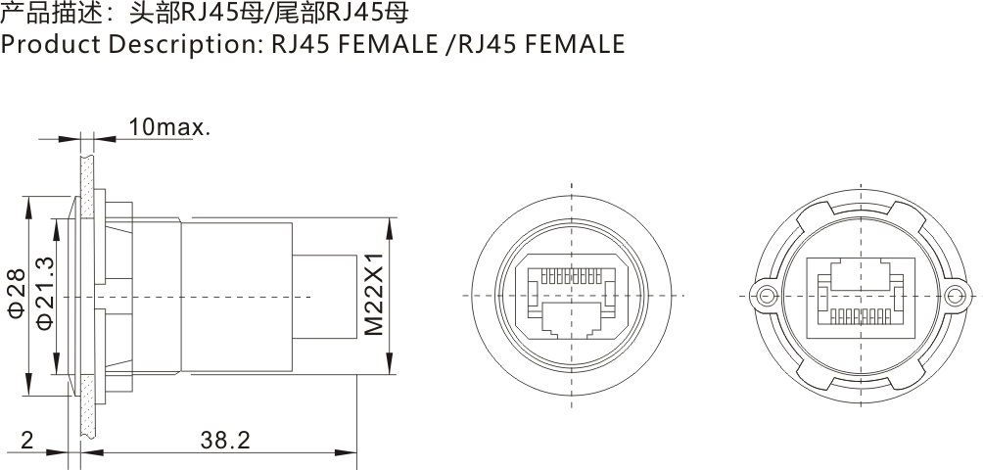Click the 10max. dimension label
tap(168, 127)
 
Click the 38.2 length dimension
tap(225, 441)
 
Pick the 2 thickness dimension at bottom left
tap(26, 441)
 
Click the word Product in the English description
tap(46, 44)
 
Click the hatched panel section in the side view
tap(86, 294)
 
